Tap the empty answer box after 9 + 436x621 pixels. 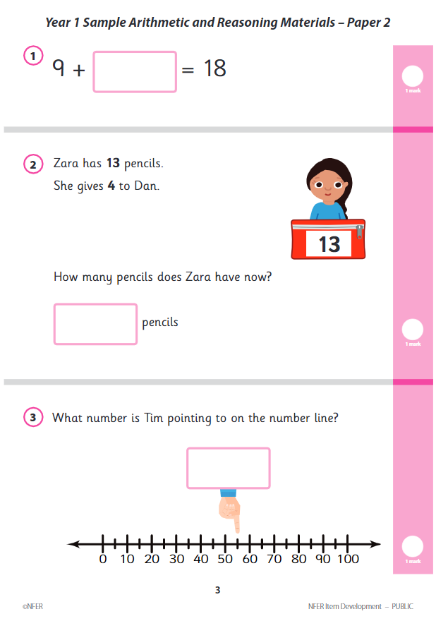135,71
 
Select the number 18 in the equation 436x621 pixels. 214,69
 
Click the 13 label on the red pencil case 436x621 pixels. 329,243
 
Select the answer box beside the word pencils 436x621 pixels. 95,324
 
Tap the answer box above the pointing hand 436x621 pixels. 228,468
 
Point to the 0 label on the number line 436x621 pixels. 103,560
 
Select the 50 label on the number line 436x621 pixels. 225,560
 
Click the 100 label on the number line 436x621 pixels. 348,560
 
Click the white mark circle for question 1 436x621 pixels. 412,76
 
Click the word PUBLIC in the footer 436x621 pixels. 403,607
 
